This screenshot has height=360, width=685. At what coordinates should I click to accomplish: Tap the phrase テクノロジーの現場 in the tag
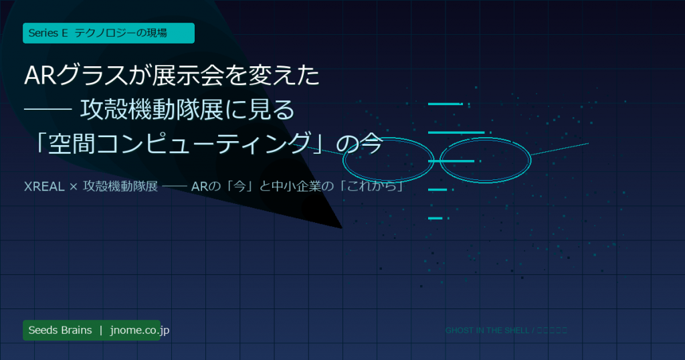pos(120,33)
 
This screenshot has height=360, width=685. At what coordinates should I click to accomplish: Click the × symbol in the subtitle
pos(74,186)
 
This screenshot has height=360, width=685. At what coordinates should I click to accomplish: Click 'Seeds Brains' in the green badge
pos(60,331)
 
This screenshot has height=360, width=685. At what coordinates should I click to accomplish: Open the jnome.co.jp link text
pos(140,331)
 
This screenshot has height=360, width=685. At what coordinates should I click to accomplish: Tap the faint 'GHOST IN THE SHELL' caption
pos(486,331)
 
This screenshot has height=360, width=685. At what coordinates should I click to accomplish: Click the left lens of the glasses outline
pos(388,160)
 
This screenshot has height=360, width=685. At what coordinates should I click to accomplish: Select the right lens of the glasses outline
pos(485,159)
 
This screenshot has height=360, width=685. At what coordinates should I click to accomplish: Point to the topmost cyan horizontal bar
pos(445,104)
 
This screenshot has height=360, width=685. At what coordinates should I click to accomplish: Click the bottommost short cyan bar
pos(435,218)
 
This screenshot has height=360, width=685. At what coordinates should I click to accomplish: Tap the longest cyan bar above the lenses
pos(456,132)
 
